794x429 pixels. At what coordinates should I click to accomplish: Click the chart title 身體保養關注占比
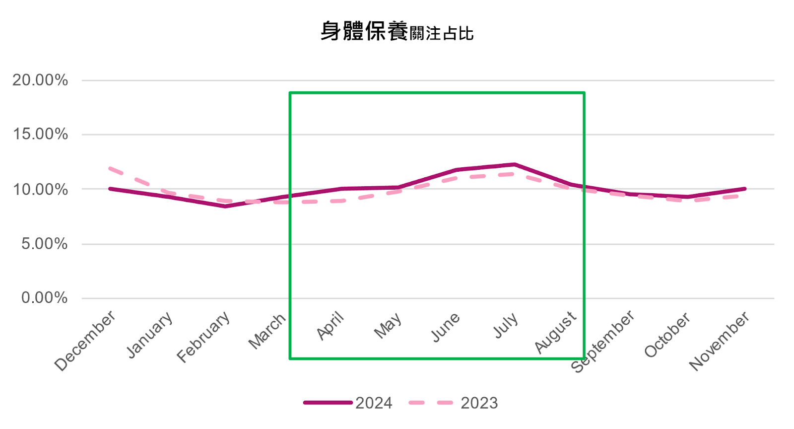[397, 32]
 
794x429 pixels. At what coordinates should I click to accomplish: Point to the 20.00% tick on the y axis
[40, 80]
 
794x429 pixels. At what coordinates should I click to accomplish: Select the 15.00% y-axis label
[40, 134]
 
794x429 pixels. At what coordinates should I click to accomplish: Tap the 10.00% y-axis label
[40, 189]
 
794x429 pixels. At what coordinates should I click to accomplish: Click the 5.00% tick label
[44, 244]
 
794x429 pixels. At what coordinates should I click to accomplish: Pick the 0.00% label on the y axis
[44, 298]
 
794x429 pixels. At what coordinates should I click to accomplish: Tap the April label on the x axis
[331, 326]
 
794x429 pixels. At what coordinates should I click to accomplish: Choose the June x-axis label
[445, 327]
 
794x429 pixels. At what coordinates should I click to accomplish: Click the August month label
[555, 332]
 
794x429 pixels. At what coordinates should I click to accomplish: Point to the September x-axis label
[602, 341]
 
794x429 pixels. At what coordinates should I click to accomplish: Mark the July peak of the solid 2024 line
[515, 164]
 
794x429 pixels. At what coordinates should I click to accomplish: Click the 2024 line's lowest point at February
[225, 206]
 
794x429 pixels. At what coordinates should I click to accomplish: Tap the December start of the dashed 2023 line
[110, 169]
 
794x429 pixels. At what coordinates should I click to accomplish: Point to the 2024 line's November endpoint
[745, 189]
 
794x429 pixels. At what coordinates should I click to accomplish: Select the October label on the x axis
[667, 335]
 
